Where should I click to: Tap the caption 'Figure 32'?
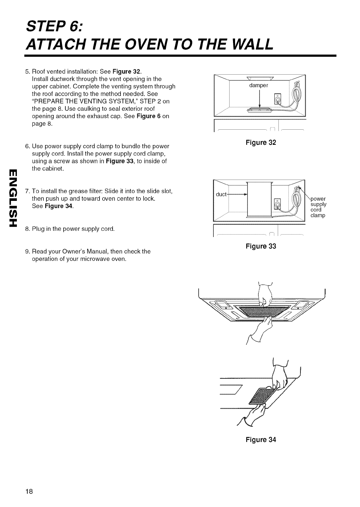(261, 142)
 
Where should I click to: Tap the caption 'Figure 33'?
(261, 246)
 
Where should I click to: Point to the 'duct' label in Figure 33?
(221, 194)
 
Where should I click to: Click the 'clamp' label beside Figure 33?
(318, 216)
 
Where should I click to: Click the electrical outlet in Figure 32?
(277, 99)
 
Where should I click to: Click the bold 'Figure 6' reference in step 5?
(149, 116)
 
